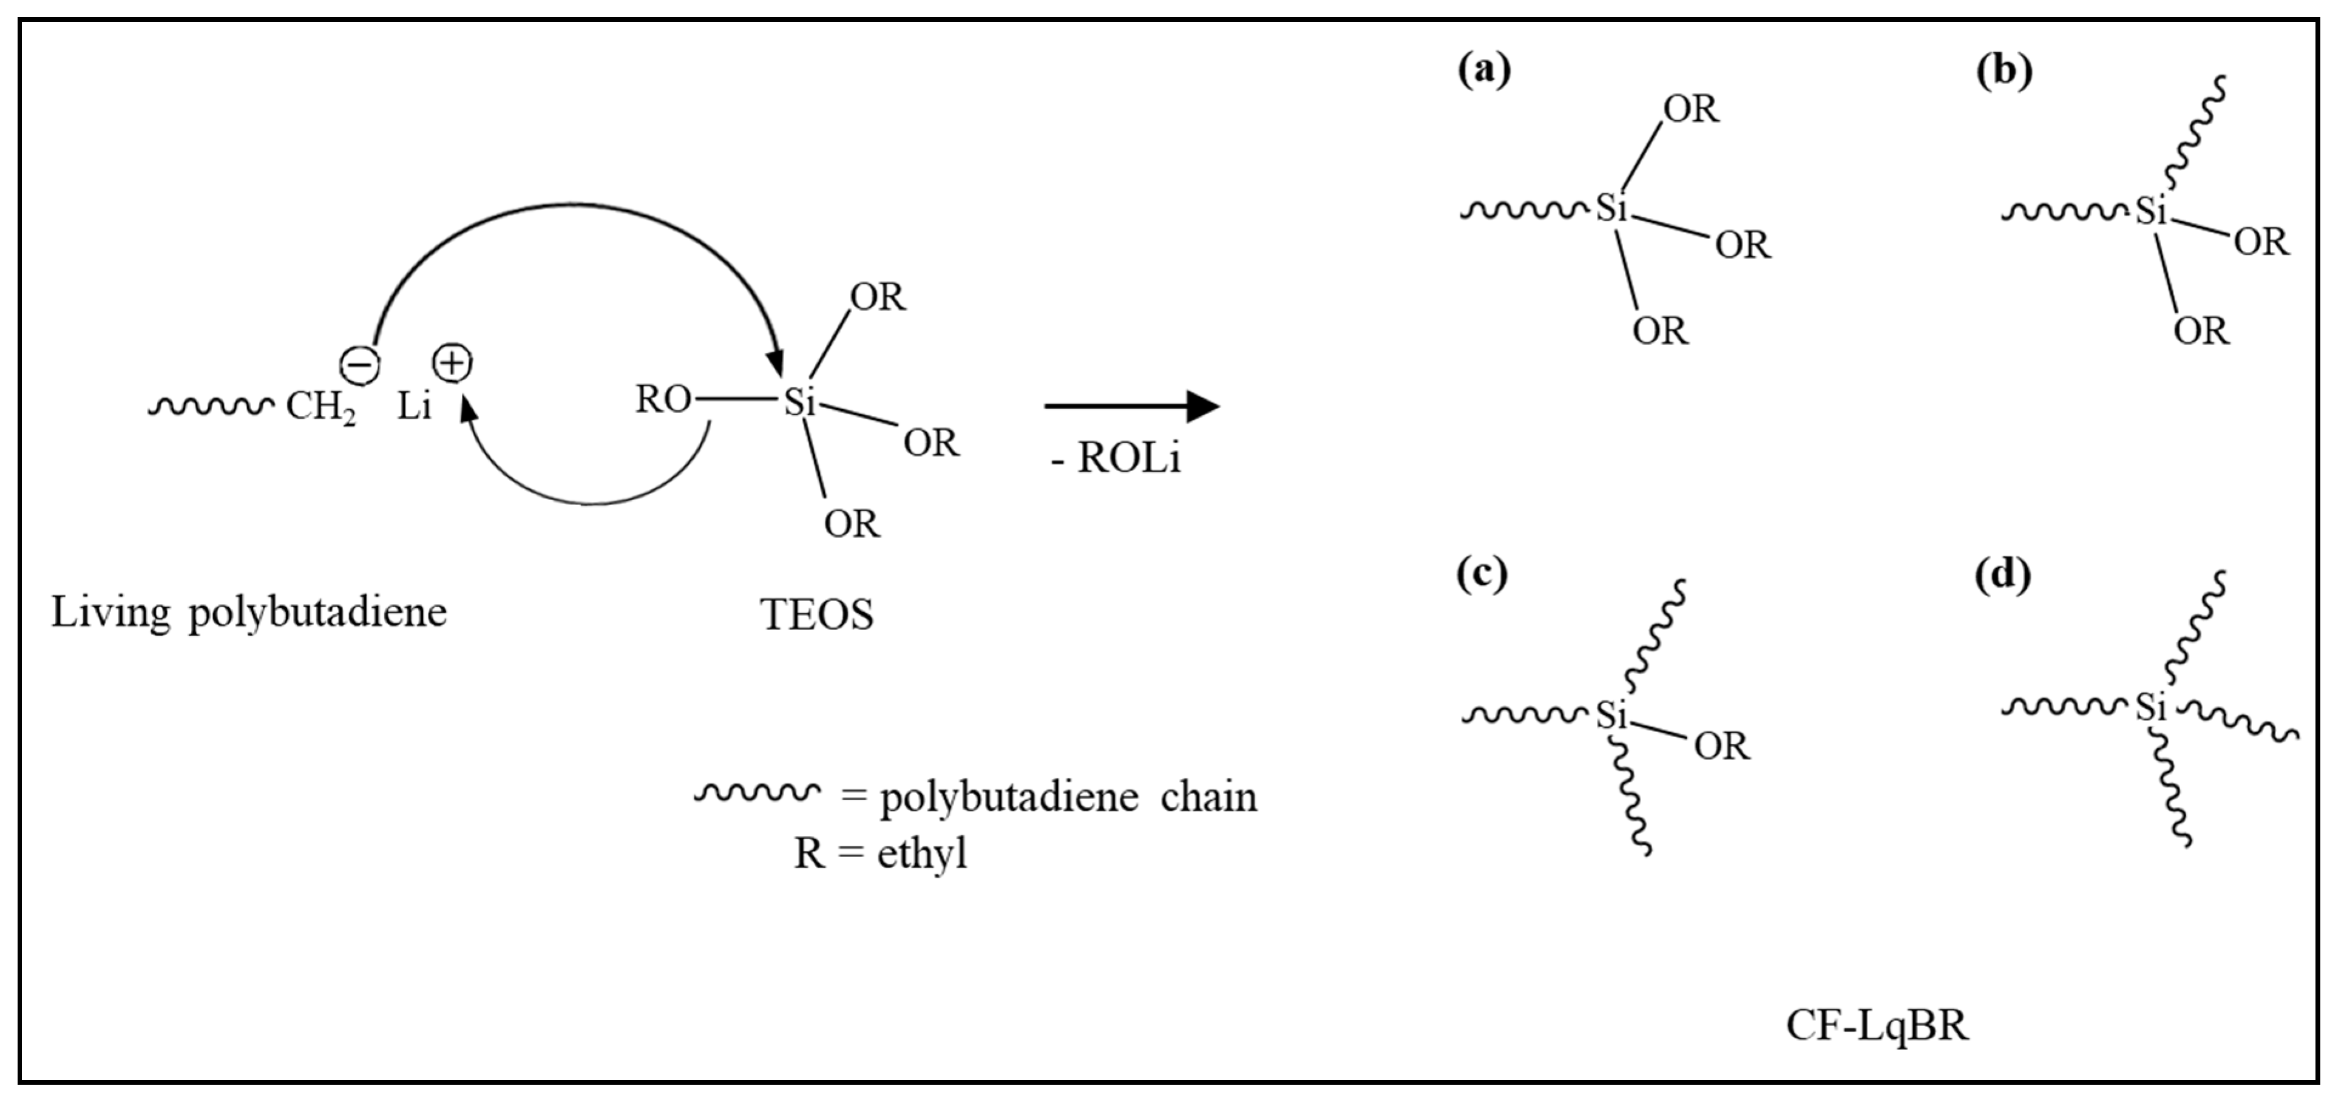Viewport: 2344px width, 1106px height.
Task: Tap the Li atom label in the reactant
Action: click(x=414, y=407)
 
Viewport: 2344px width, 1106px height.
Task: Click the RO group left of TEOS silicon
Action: click(x=662, y=399)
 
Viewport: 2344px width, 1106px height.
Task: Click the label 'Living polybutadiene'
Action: click(x=248, y=612)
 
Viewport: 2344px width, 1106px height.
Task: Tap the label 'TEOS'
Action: click(x=816, y=616)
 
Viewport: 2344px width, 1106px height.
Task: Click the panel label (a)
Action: click(x=1483, y=69)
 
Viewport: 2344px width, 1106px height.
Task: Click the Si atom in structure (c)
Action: click(x=1611, y=716)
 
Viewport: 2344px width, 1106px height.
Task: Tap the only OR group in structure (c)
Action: click(x=1721, y=747)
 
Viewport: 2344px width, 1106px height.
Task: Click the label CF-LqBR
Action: click(x=1877, y=1026)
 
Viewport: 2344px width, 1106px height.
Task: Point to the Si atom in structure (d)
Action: click(x=2151, y=707)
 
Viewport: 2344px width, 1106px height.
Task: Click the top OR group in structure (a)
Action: click(x=1691, y=109)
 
